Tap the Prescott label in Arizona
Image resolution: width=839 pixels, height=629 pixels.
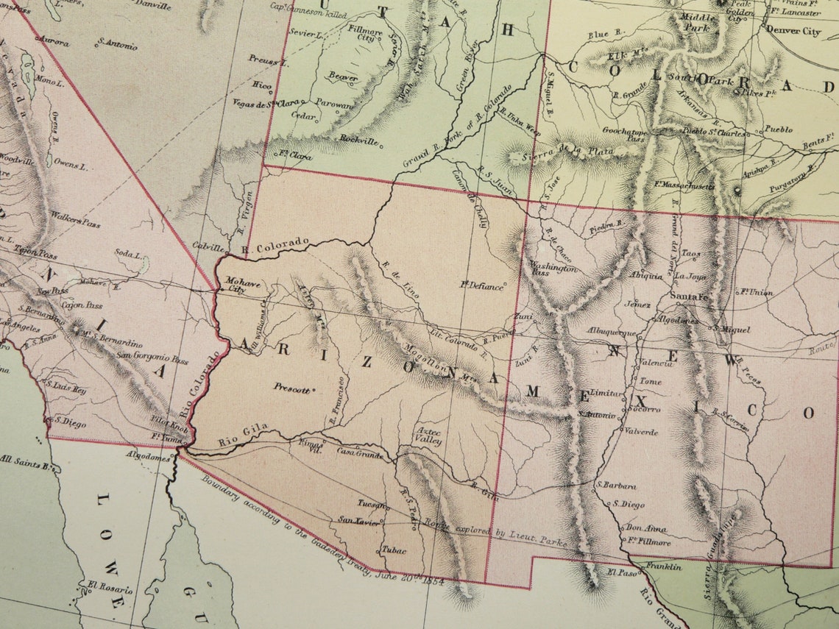[x=291, y=388]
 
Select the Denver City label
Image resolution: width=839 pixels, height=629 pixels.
[x=793, y=32]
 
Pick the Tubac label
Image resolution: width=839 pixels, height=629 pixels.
[x=393, y=549]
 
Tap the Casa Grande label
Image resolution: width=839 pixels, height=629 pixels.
[x=360, y=454]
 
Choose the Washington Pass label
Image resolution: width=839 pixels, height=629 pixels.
[x=553, y=269]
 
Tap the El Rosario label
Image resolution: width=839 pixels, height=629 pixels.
[x=110, y=589]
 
